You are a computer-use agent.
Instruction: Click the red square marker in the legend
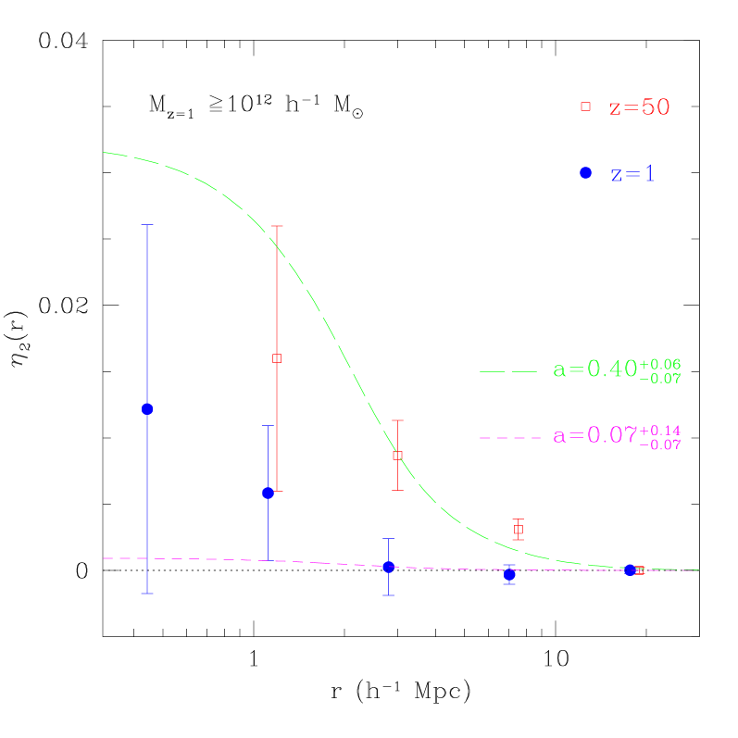coord(585,106)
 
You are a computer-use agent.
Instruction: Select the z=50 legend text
coord(639,107)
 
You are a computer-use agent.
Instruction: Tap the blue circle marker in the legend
coord(585,173)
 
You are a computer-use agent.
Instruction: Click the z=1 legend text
coord(632,174)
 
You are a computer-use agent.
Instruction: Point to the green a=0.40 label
coord(594,369)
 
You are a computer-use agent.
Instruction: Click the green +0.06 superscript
coord(660,363)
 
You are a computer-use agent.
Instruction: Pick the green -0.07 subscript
coord(660,378)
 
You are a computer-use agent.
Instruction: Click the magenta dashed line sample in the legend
coord(509,437)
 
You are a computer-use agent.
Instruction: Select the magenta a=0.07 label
coord(594,435)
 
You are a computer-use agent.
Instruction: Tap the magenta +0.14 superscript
coord(660,430)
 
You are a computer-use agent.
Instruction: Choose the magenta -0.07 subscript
coord(660,444)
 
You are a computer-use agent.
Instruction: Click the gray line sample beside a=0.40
coord(508,371)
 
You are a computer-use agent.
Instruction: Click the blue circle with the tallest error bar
coord(147,408)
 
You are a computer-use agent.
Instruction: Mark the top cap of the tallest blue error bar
coord(147,225)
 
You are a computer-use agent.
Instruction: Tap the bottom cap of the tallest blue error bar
coord(147,593)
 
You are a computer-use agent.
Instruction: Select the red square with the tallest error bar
coord(277,357)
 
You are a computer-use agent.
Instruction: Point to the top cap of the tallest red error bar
coord(277,226)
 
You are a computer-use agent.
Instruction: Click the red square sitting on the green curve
coord(397,456)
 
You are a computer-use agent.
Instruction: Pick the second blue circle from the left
coord(269,493)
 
